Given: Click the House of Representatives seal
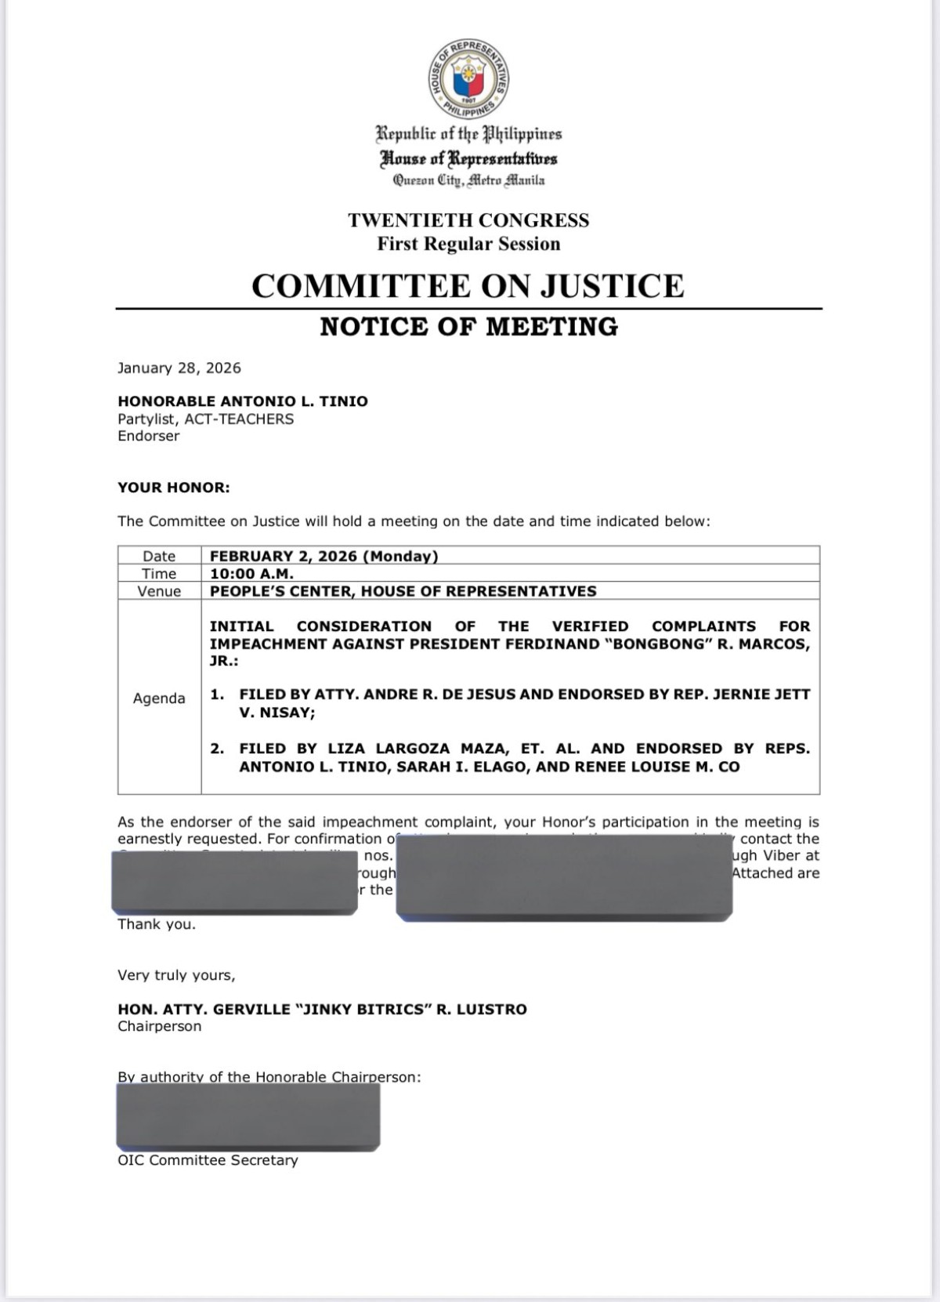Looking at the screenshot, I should coord(468,79).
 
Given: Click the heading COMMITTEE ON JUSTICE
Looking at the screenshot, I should coord(468,286).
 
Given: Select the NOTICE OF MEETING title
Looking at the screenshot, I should coord(468,327).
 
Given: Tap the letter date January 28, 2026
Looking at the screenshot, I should coord(179,368).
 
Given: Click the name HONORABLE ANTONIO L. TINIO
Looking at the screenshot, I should coord(243,401).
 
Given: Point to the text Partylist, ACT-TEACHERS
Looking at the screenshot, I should coord(205,419).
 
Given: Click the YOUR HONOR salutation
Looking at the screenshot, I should coord(174,488).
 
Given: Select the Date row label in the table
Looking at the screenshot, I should coord(159,556).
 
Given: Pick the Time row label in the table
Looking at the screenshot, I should coord(159,574).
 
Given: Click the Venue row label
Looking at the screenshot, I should coord(159,591).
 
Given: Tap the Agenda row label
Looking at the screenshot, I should coord(159,698).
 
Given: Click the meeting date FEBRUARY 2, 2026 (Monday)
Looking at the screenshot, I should coord(324,556).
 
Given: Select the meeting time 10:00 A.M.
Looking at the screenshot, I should coord(251,574).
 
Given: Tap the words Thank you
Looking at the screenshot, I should coord(157,924).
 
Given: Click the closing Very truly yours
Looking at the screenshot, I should coord(176,975).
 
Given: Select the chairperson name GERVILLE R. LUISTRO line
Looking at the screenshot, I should coord(322,1009).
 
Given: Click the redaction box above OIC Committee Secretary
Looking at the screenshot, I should coord(248,1115).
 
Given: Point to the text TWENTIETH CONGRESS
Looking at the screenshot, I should coord(468,220).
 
